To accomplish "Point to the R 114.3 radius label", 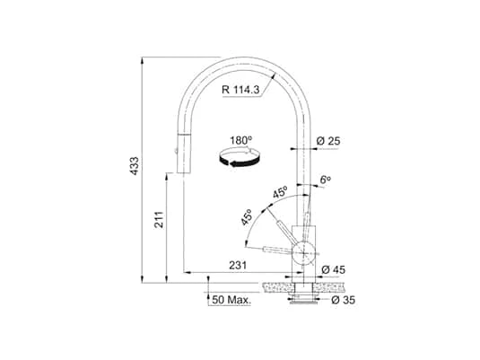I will (241, 88).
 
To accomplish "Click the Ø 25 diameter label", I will (328, 140).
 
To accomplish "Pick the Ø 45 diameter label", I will (332, 268).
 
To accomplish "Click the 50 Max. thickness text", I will (231, 299).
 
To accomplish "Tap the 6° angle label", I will (325, 180).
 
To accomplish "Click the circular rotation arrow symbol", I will (243, 161).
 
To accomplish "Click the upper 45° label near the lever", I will (279, 192).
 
